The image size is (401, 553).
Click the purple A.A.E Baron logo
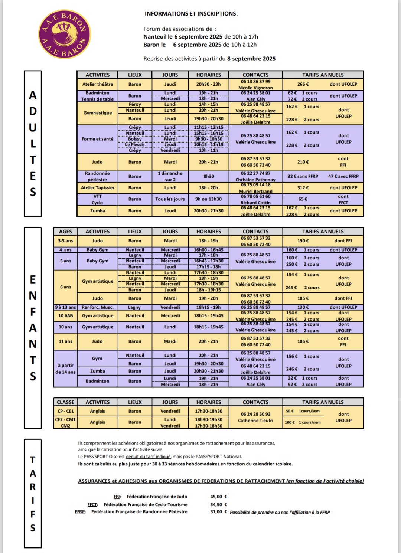(x=65, y=34)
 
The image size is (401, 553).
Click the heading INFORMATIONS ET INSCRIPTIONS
(x=190, y=14)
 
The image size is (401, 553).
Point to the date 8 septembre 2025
(x=251, y=59)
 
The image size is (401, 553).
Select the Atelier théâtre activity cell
(x=98, y=84)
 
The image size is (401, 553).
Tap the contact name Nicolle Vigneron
(x=255, y=88)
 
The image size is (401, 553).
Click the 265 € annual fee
(x=303, y=84)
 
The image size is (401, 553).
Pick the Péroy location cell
(x=135, y=104)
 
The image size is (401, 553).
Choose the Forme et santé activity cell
(x=98, y=139)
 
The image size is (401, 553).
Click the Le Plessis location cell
(x=135, y=145)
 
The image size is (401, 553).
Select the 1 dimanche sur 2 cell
(x=170, y=176)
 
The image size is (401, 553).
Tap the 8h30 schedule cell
(x=209, y=176)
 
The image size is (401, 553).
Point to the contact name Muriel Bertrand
(x=255, y=191)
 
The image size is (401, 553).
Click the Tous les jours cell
(x=170, y=199)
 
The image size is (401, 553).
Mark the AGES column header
(x=65, y=231)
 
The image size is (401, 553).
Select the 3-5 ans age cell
(x=65, y=241)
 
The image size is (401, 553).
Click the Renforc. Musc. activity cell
(x=98, y=307)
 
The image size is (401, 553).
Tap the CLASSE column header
(x=65, y=402)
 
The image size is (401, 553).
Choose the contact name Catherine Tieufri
(x=255, y=421)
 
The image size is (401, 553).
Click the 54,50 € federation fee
(x=219, y=505)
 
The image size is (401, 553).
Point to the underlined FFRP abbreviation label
(x=80, y=512)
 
